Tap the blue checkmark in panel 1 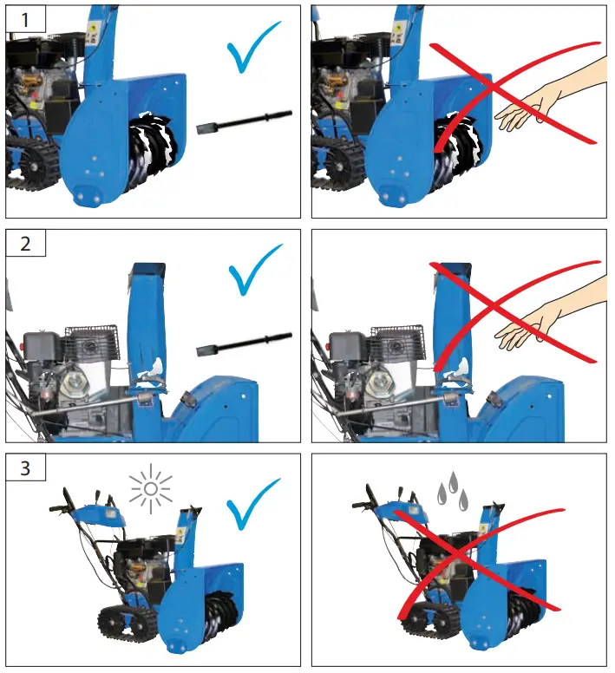253,49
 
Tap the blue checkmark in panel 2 254,271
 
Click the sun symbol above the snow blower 151,489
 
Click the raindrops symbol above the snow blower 453,490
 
